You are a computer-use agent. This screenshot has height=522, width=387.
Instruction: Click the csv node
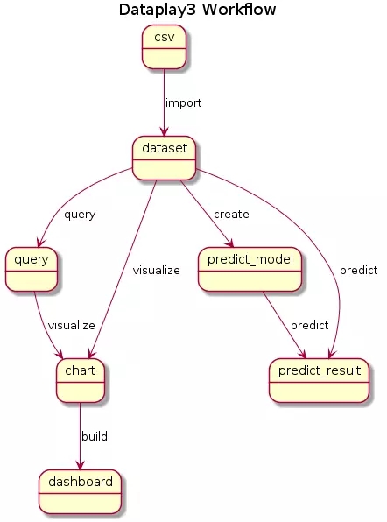(x=164, y=47)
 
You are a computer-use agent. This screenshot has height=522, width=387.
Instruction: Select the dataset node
(x=164, y=159)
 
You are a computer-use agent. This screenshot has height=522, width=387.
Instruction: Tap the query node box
(x=32, y=270)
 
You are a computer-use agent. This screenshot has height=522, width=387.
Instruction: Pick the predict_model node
(x=250, y=270)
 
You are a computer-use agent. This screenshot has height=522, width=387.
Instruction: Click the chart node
(x=81, y=380)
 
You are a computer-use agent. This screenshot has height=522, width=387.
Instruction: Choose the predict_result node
(x=319, y=380)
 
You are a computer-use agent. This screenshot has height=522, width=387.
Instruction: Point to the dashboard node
(x=81, y=491)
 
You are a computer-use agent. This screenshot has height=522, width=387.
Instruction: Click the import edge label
(x=183, y=103)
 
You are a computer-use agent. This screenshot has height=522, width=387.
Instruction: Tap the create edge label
(x=231, y=214)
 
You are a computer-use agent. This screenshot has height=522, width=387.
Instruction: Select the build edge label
(x=95, y=436)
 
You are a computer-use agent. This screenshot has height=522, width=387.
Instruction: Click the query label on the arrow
(x=80, y=215)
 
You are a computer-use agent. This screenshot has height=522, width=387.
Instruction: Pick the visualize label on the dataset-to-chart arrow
(x=157, y=270)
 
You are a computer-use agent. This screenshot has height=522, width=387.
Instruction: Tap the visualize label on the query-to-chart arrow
(x=72, y=325)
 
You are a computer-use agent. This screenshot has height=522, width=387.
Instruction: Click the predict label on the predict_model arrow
(x=309, y=326)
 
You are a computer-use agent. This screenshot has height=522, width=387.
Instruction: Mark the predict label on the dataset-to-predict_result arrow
(x=358, y=271)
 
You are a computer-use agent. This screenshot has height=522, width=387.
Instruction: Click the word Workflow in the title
(x=239, y=10)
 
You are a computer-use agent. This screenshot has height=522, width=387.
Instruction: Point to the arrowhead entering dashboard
(x=81, y=465)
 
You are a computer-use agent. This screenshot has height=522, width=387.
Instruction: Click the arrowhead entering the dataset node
(x=164, y=132)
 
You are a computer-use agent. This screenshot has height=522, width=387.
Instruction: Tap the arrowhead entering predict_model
(x=230, y=243)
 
